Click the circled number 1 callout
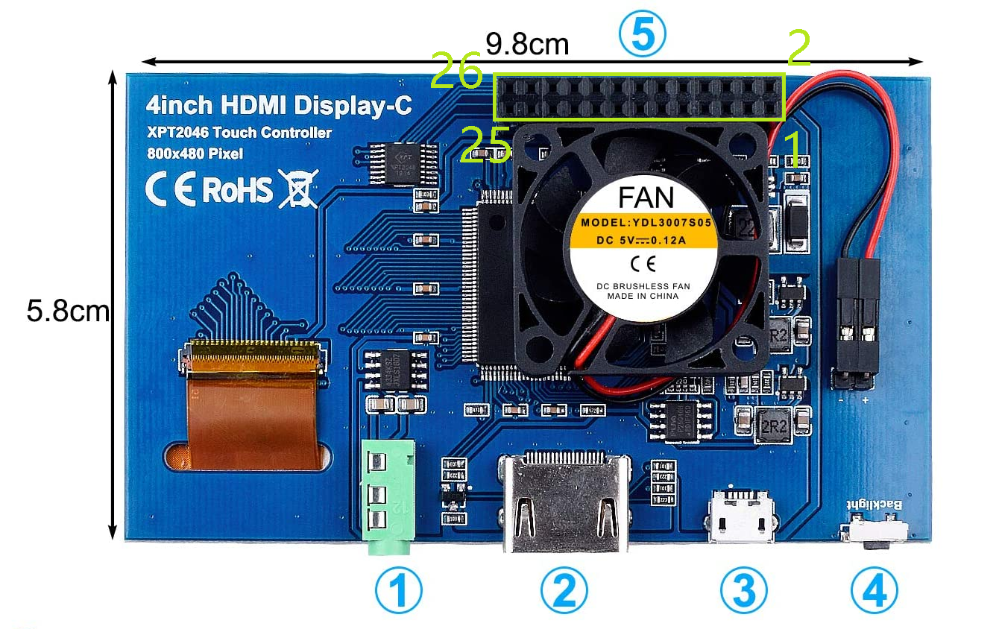coord(398,592)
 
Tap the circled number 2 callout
coord(564,592)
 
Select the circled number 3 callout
coord(743,592)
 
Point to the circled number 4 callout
coord(874,592)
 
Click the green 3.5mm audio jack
coord(387,496)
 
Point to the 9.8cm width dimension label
coord(527,45)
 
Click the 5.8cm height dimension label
coord(68,311)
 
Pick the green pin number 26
coord(456,72)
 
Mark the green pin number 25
coord(485,144)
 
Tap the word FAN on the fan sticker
coord(646,197)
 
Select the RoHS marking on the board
coord(237,191)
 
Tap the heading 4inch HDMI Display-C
coord(279,105)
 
